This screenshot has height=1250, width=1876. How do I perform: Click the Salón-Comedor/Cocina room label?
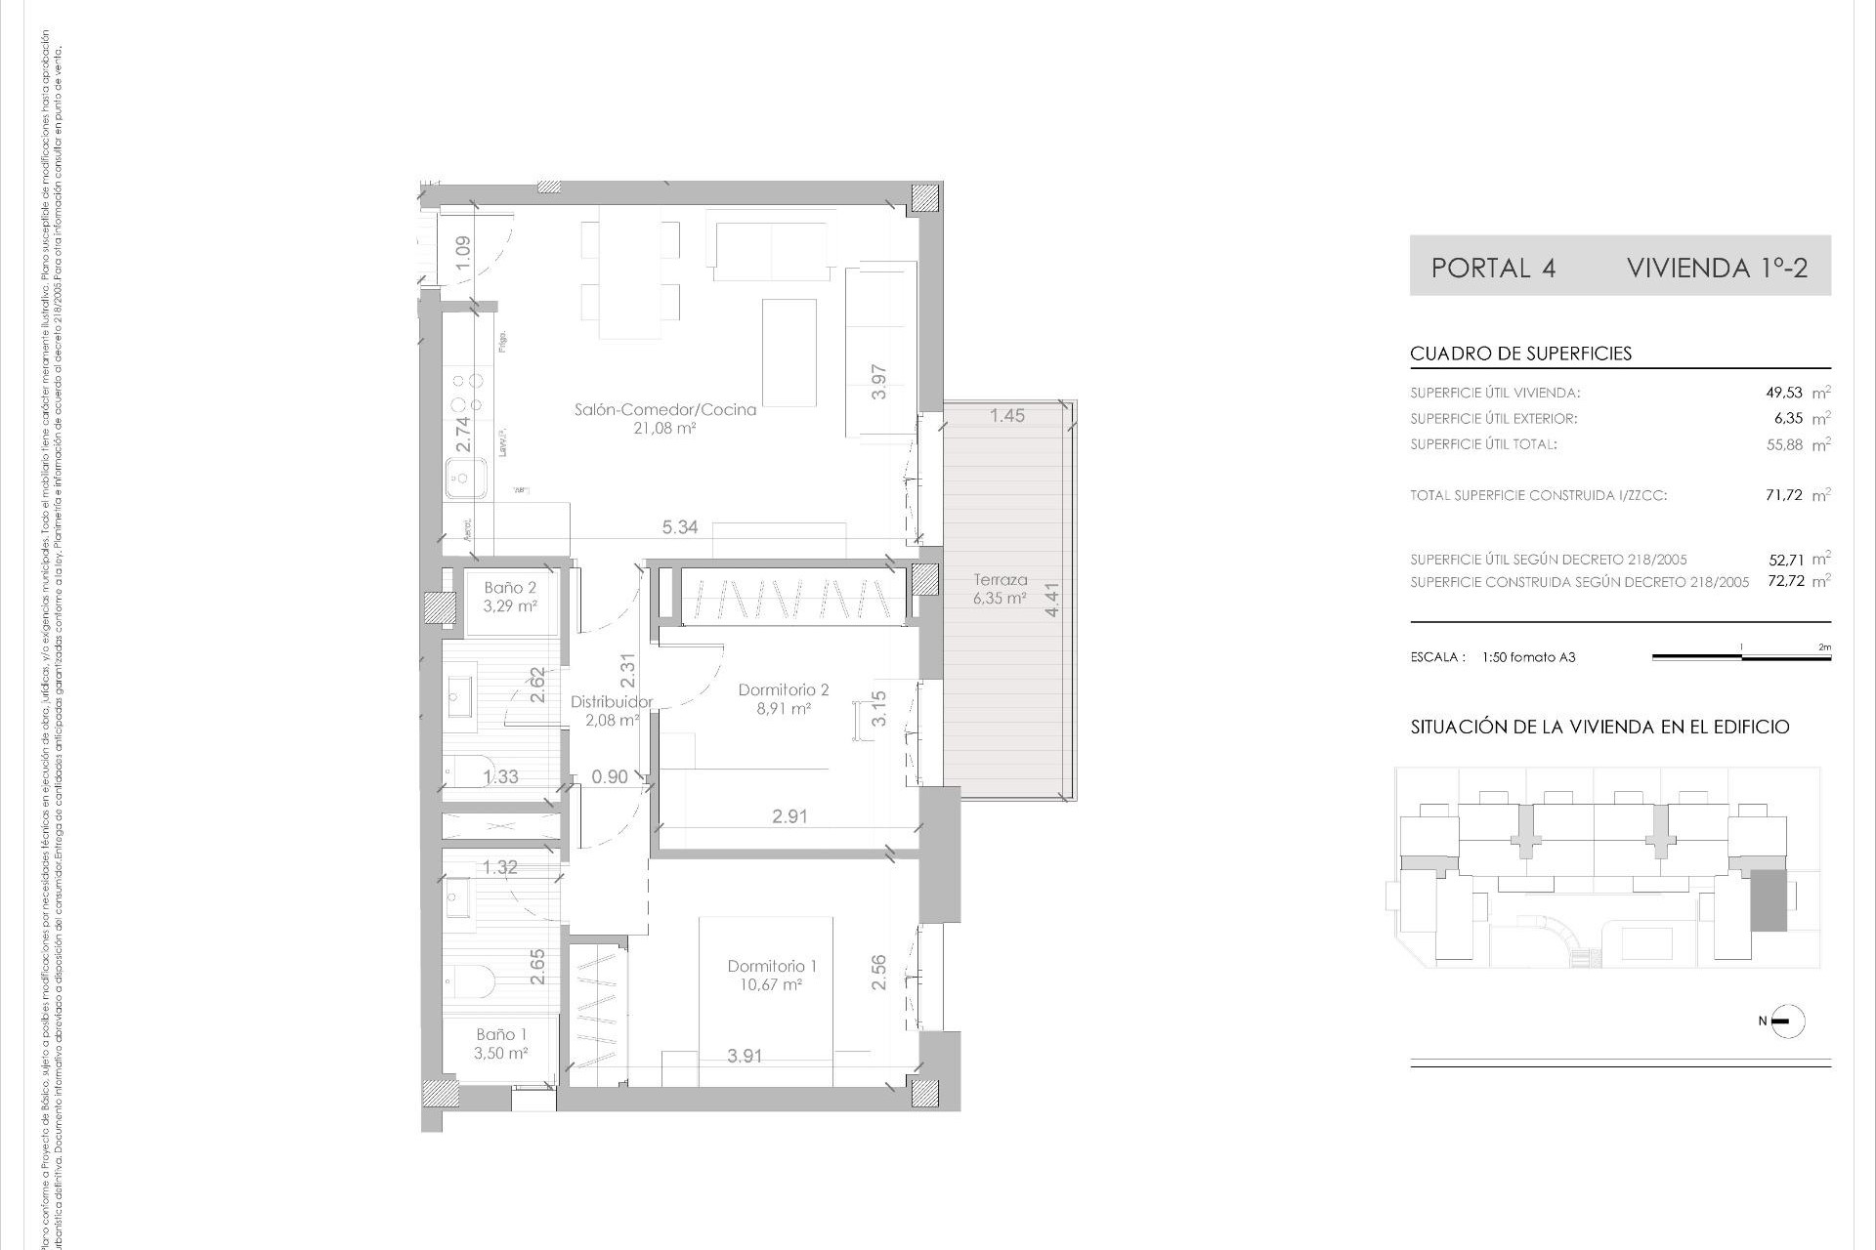[664, 410]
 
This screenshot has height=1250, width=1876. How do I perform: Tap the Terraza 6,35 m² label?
[1000, 589]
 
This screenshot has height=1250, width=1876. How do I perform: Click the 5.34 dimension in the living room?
[680, 527]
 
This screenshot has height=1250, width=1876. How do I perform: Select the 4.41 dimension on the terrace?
[1051, 599]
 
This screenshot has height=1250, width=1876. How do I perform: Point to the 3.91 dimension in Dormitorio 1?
[745, 1056]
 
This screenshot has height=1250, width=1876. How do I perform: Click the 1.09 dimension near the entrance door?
[463, 253]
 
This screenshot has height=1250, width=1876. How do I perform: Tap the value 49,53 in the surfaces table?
[1784, 393]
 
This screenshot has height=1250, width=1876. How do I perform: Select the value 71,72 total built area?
[1784, 495]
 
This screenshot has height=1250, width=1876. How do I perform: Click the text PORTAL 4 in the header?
[1493, 268]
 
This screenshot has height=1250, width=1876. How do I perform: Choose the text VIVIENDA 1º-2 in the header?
[1717, 268]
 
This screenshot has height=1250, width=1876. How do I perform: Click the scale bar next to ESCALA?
[1741, 657]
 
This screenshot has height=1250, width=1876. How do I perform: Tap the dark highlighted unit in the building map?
[1767, 901]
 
